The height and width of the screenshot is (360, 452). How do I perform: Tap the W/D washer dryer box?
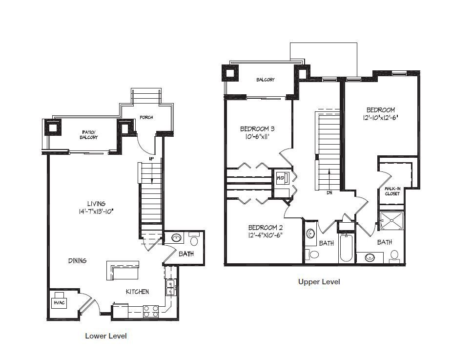pyautogui.click(x=281, y=178)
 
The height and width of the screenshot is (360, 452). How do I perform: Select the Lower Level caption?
pyautogui.click(x=106, y=336)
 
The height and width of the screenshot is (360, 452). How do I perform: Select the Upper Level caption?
pyautogui.click(x=319, y=281)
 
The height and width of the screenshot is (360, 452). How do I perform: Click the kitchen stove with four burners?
pyautogui.click(x=151, y=312)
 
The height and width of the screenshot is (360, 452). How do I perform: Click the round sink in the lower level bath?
pyautogui.click(x=176, y=238)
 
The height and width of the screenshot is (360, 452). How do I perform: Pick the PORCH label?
pyautogui.click(x=146, y=117)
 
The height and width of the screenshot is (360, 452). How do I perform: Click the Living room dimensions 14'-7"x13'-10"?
pyautogui.click(x=96, y=212)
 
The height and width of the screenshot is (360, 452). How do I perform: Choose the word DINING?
pyautogui.click(x=77, y=260)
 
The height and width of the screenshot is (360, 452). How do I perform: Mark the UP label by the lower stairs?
pyautogui.click(x=151, y=159)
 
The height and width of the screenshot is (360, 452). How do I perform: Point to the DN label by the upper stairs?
pyautogui.click(x=329, y=192)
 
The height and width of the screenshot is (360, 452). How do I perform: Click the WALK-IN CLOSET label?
pyautogui.click(x=392, y=191)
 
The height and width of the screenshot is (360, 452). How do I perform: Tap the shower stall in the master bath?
pyautogui.click(x=392, y=221)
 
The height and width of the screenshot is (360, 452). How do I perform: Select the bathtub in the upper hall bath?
pyautogui.click(x=347, y=249)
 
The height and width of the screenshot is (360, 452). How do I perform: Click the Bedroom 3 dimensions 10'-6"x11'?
pyautogui.click(x=257, y=137)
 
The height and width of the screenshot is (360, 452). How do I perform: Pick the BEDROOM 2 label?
pyautogui.click(x=264, y=227)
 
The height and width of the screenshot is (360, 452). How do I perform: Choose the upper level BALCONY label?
pyautogui.click(x=266, y=80)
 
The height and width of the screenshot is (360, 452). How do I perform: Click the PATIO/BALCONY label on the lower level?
pyautogui.click(x=88, y=135)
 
